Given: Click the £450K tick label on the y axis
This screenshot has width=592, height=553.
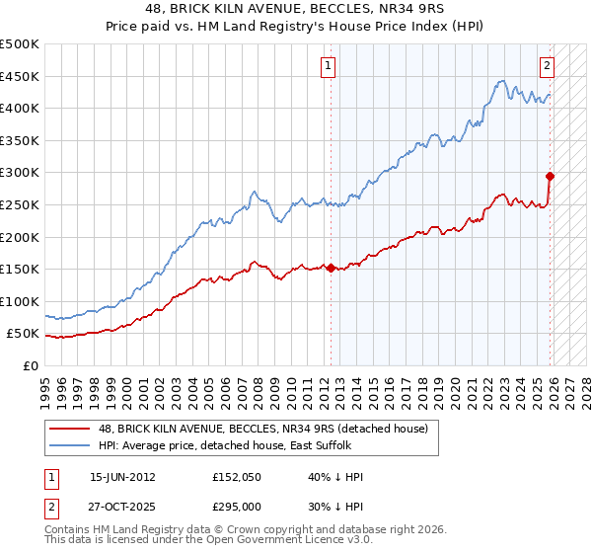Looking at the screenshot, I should point(20,76).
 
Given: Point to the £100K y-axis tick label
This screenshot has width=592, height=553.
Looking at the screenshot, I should point(20,301).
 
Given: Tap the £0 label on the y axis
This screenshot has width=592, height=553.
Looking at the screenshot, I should point(31,365).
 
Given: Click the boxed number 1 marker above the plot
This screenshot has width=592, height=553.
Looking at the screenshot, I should point(328,66).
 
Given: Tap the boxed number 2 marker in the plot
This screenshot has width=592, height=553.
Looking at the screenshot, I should point(547,66).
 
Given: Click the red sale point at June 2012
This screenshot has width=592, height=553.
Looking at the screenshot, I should point(331,268).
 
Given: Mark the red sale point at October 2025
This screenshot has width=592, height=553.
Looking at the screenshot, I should point(551,177).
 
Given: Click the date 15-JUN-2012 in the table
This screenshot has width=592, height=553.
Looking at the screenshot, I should point(122,477).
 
